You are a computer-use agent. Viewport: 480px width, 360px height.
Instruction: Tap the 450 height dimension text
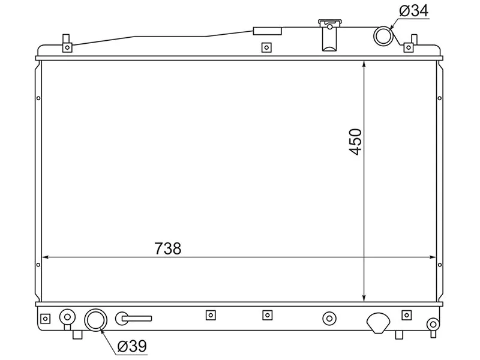[x=356, y=142]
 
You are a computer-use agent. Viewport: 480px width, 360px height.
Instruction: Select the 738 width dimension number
[x=168, y=248]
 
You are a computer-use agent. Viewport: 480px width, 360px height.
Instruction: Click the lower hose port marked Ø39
[x=95, y=320]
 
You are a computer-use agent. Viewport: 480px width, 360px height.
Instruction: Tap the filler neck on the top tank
[x=329, y=36]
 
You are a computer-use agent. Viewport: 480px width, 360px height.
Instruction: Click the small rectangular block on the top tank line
[x=268, y=31]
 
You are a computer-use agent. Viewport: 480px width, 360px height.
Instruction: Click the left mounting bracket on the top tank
[x=67, y=45]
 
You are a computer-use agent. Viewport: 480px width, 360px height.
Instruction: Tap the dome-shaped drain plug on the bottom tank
[x=379, y=323]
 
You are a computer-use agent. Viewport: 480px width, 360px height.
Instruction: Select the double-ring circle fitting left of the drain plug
[x=329, y=318]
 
